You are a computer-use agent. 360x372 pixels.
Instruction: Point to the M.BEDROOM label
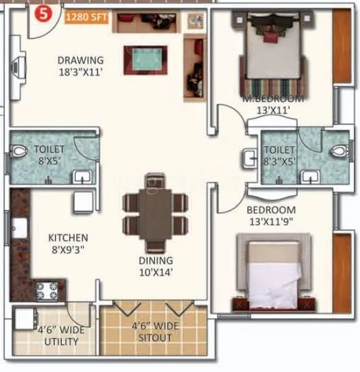(x=273, y=99)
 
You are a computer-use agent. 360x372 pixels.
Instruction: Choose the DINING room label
(x=155, y=260)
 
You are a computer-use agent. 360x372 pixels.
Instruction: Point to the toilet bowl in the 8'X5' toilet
(x=19, y=154)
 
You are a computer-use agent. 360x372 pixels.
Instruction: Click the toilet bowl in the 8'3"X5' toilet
(x=337, y=152)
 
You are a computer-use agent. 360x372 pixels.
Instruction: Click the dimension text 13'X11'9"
(x=271, y=222)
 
